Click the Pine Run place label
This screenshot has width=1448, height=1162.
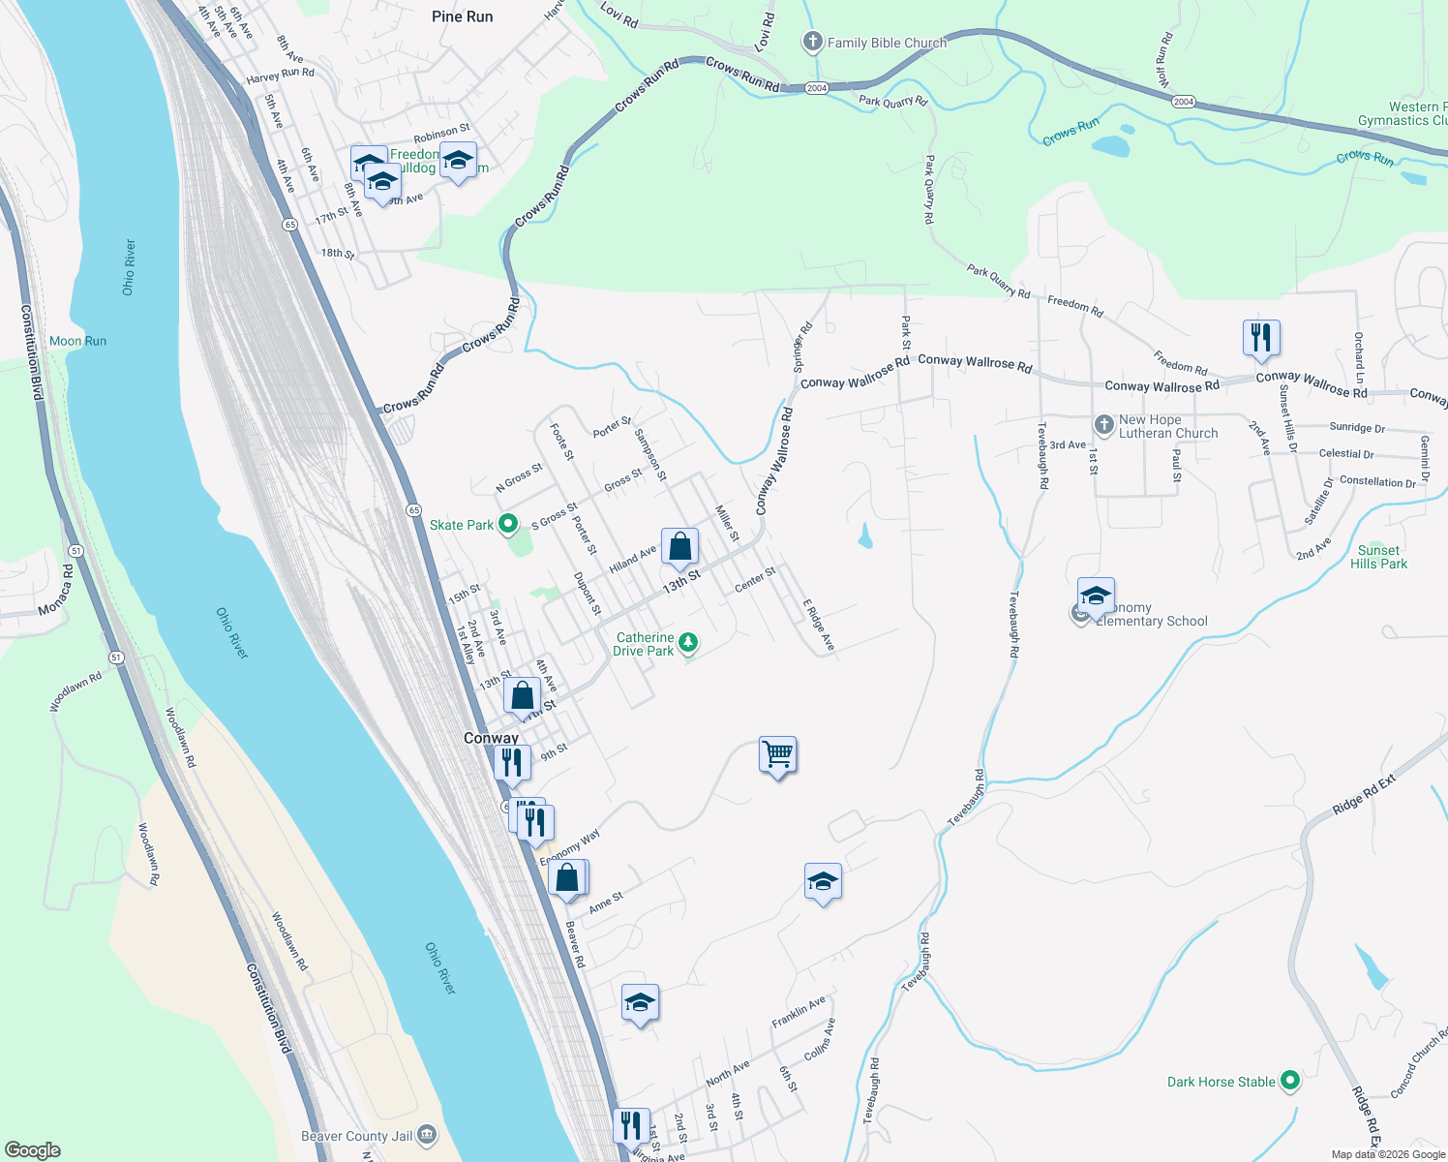[462, 16]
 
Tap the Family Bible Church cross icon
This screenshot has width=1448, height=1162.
[813, 42]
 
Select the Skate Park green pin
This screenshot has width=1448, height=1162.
[508, 525]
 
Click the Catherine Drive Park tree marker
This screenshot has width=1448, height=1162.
[687, 642]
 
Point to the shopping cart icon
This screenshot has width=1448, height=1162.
[778, 753]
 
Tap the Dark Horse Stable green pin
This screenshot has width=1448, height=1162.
[1289, 1081]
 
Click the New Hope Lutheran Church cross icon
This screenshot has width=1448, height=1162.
[1103, 424]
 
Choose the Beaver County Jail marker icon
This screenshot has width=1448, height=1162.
[427, 1136]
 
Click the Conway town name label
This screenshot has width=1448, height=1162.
[491, 738]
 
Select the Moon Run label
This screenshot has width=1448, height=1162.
[77, 341]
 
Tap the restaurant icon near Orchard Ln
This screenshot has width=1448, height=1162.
[1261, 337]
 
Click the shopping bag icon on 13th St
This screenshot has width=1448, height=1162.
[680, 547]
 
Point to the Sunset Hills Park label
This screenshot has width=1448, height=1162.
[1378, 557]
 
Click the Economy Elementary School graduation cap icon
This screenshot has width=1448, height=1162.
[1096, 596]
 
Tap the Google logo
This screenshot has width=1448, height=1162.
[33, 1149]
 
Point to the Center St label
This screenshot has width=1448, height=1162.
[755, 580]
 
